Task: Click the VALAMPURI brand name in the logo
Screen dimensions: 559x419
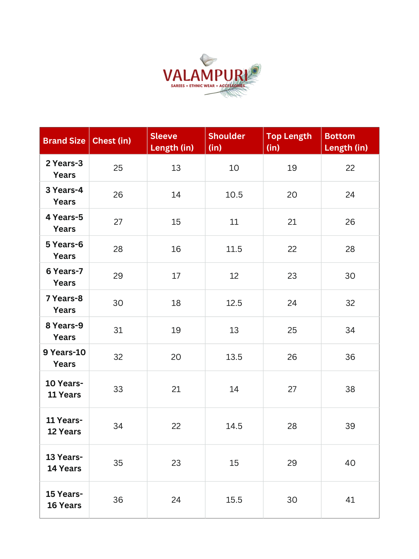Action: coord(205,75)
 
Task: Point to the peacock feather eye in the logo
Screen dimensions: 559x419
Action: coord(255,71)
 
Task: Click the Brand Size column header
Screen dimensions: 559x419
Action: coord(64,141)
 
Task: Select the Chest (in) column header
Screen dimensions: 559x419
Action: coord(112,141)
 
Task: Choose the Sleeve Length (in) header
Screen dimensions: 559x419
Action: coord(172,142)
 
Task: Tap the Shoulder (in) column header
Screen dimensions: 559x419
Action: coord(227,142)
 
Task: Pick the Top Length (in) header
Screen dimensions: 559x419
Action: coord(289,142)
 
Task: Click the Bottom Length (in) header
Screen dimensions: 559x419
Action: coord(346,142)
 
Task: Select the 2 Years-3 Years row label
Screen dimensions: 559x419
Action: coord(64,169)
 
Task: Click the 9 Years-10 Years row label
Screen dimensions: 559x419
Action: coord(64,358)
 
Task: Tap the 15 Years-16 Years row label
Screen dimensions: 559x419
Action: coord(64,500)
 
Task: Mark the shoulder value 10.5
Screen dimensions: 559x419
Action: coord(234,195)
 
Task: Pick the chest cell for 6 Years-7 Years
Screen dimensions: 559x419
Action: coord(118,276)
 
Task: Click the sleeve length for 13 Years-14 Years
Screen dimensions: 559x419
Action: coord(176,463)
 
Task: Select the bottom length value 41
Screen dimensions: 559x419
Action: coord(350,500)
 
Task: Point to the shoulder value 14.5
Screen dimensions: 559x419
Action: coord(234,426)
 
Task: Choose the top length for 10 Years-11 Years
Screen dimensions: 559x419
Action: coord(292,389)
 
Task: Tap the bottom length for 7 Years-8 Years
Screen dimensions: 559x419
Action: coord(350,303)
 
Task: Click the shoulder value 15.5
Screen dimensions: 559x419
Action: coord(234,500)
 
